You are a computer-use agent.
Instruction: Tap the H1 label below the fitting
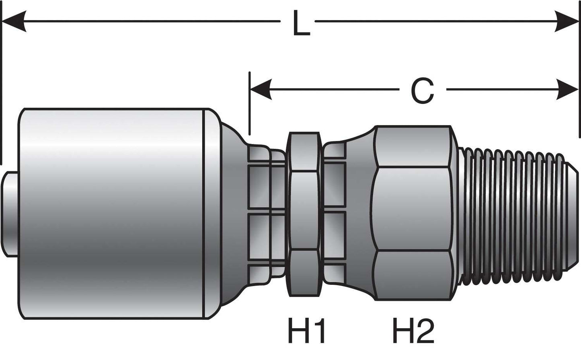click(306, 330)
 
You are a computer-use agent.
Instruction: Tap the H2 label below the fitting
click(413, 330)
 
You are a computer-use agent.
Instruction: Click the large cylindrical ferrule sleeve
click(113, 213)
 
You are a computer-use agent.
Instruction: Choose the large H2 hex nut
click(412, 213)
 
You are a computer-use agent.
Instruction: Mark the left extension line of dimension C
click(250, 105)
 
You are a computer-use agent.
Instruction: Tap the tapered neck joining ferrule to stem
click(233, 213)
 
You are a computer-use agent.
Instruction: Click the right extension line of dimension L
click(579, 80)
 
